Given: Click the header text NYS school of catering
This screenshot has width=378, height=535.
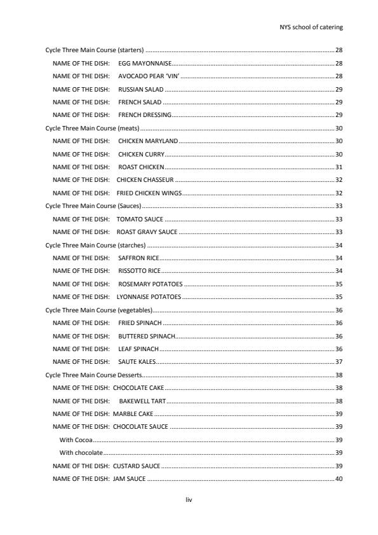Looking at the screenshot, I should tap(311, 27).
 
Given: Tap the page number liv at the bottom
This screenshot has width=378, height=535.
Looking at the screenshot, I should tap(189, 500).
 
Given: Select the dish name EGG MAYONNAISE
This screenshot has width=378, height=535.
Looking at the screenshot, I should tap(145, 64).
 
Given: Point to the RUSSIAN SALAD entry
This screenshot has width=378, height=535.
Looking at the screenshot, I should tap(140, 90).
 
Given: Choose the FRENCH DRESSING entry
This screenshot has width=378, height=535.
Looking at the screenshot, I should tap(145, 115).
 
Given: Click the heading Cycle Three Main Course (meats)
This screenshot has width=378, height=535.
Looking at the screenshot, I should tap(92, 128).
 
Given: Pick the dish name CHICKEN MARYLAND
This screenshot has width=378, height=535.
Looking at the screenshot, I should tap(148, 141).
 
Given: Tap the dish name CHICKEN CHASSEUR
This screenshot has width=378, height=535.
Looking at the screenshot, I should tap(145, 180).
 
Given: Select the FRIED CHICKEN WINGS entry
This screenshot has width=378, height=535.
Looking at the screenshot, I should tap(149, 193).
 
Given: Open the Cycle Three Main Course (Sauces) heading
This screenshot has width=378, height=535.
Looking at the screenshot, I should tap(93, 205).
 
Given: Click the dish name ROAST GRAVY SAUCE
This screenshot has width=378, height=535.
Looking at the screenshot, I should tap(147, 232).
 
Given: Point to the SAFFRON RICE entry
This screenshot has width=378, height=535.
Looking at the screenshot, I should tap(138, 258).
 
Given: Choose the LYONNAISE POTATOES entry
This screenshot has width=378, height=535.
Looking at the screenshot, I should tap(149, 296).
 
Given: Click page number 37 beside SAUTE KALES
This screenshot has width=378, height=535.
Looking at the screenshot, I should tap(339, 361).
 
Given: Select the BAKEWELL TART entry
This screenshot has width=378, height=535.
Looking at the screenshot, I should tap(142, 401).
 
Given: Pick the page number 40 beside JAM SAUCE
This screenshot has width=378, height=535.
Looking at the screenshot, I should tap(339, 478).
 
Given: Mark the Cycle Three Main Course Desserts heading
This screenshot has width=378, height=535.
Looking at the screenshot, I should tap(93, 375).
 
